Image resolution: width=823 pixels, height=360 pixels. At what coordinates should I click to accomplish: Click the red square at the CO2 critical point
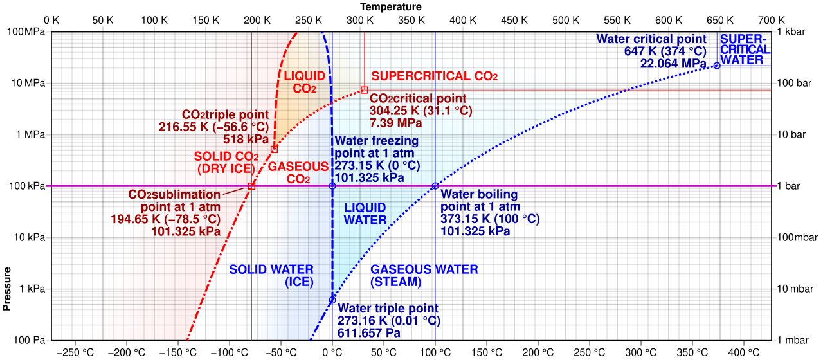click(x=364, y=90)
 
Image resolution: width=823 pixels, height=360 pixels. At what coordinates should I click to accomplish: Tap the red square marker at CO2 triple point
click(x=274, y=148)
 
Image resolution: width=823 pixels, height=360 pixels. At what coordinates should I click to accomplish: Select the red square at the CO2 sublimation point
click(x=251, y=186)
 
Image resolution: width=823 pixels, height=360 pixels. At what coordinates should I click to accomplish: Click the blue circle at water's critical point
click(x=717, y=66)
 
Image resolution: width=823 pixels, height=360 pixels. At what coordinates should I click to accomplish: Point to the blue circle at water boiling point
click(x=435, y=186)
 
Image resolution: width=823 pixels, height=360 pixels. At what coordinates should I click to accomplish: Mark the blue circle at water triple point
click(x=332, y=300)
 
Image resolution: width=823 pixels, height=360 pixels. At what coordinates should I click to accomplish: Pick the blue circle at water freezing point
click(x=332, y=186)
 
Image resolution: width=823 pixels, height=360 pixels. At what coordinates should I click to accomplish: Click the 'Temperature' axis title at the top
click(x=391, y=6)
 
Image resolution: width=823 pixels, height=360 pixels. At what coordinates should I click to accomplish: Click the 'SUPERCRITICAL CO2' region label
click(x=435, y=76)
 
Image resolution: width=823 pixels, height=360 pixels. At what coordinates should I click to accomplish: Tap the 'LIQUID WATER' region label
click(x=365, y=214)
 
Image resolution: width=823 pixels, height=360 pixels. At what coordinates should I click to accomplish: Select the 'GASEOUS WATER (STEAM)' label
click(x=424, y=276)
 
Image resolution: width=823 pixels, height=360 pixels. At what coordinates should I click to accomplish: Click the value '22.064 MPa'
click(x=673, y=63)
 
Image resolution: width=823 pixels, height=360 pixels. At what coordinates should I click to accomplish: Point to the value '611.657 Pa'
click(x=369, y=333)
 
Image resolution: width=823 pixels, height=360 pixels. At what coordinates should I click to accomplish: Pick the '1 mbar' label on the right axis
click(x=793, y=340)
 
